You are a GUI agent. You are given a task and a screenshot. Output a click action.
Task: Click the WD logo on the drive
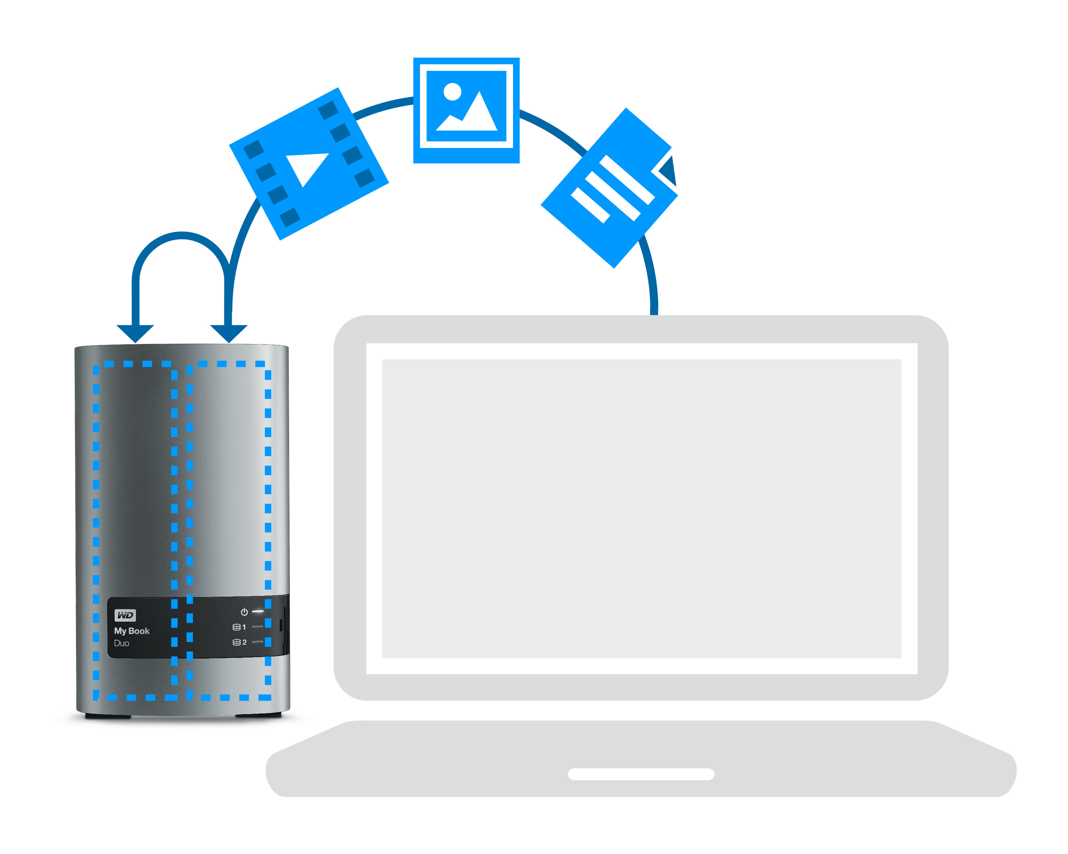[125, 615]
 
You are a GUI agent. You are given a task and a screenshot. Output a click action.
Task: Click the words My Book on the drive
[132, 631]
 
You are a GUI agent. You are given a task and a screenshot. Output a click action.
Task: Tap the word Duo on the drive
[121, 643]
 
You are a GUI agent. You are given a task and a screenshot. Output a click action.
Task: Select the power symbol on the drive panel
[244, 612]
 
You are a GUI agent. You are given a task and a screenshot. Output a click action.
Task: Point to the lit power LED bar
[258, 611]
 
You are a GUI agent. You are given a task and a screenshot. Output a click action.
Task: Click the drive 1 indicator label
[239, 627]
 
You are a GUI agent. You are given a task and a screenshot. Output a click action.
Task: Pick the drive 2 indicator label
[239, 642]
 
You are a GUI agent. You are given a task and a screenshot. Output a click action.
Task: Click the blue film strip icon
[309, 164]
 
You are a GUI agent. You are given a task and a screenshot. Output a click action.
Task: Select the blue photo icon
[466, 110]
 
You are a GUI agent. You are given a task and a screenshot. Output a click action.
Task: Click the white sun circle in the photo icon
[452, 91]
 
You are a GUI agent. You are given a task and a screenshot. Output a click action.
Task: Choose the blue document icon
[609, 188]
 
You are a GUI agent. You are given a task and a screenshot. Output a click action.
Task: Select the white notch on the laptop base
[641, 774]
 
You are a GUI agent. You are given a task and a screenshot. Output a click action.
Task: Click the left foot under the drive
[108, 716]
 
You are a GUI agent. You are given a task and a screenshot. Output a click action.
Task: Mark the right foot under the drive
[258, 715]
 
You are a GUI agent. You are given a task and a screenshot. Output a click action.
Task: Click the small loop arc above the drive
[182, 235]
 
